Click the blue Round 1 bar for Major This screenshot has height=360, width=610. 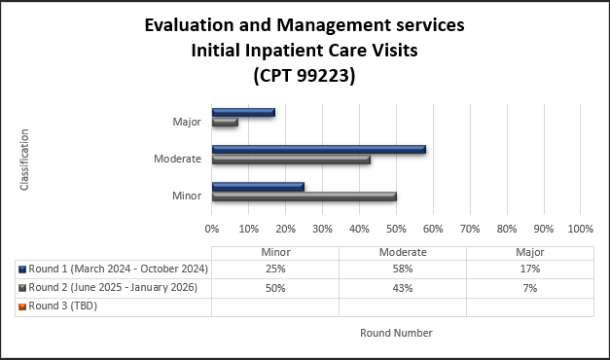click(243, 112)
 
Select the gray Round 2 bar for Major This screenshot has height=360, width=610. click(225, 123)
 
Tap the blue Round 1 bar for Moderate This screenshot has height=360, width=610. click(318, 149)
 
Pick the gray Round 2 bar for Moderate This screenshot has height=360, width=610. click(291, 160)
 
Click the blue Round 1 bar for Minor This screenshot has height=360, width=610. click(258, 186)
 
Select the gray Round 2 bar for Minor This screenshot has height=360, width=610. click(304, 197)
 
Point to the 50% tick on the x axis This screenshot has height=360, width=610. click(396, 229)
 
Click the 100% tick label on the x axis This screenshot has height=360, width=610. click(580, 229)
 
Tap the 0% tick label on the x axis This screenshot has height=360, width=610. click(212, 229)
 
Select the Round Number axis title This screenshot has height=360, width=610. click(396, 333)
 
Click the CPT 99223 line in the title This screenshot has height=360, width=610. click(304, 75)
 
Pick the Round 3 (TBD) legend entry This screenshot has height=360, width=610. click(63, 306)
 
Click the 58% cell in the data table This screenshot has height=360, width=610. click(402, 269)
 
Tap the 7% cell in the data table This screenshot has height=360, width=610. click(529, 287)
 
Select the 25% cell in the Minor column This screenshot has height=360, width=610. click(274, 269)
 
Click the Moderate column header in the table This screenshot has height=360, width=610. click(402, 251)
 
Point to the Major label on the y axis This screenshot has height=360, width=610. click(186, 122)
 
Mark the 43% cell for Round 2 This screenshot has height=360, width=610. click(402, 287)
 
